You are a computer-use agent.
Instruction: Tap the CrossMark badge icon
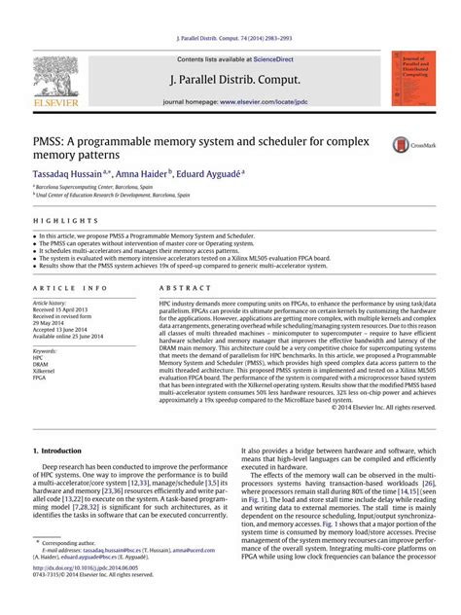(408, 145)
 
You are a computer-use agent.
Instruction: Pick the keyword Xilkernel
(46, 371)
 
